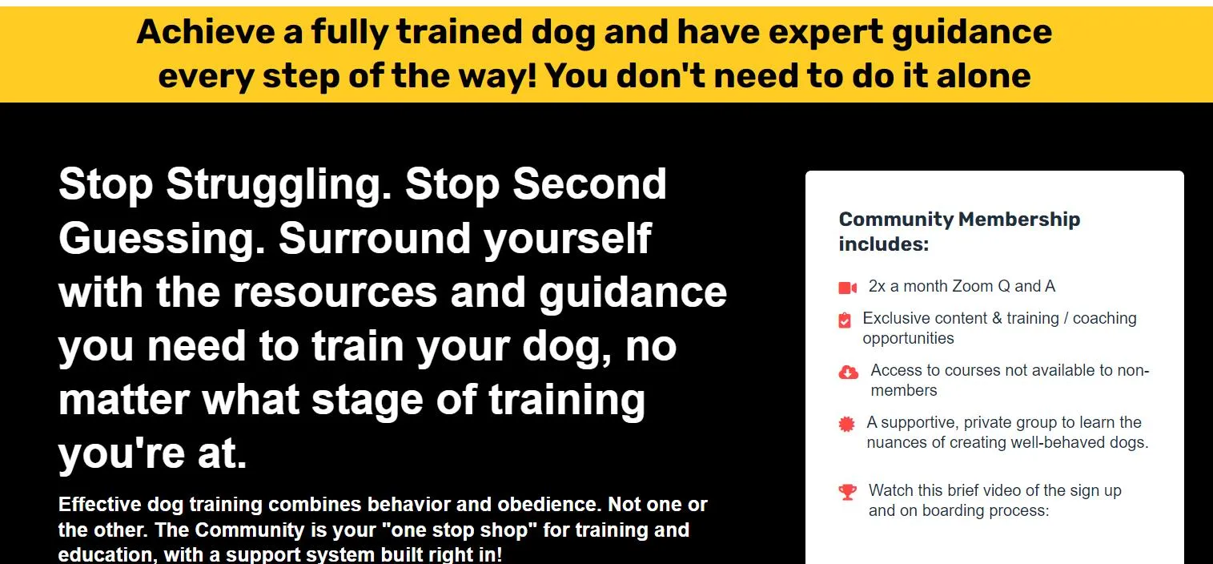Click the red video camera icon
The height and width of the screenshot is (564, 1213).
[847, 288]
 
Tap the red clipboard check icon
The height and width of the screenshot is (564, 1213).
[844, 320]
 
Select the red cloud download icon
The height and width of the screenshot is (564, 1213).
[848, 373]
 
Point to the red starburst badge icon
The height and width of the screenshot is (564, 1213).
[846, 424]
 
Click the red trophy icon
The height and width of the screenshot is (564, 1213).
[847, 492]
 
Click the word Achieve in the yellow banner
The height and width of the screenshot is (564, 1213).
[206, 31]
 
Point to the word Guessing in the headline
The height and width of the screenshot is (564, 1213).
[162, 240]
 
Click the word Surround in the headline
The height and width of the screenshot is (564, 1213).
[374, 239]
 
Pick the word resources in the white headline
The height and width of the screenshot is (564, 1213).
[335, 292]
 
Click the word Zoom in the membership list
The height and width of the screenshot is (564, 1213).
[973, 286]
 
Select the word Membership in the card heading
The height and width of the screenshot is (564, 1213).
[1019, 220]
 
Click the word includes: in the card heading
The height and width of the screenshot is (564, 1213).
[884, 244]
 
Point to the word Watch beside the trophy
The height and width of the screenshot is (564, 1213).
[891, 490]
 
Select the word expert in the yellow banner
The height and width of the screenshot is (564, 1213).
[825, 33]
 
